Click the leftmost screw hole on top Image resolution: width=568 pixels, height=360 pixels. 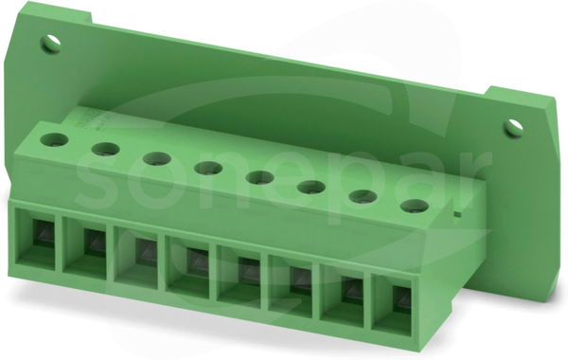pyautogui.click(x=54, y=139)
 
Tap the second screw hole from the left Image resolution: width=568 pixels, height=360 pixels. pyautogui.click(x=105, y=150)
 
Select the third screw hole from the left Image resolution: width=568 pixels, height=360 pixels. pyautogui.click(x=156, y=159)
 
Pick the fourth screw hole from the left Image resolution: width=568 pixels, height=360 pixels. pyautogui.click(x=208, y=169)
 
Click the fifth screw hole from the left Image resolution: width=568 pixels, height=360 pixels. pyautogui.click(x=259, y=178)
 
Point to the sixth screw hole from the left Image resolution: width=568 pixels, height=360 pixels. pyautogui.click(x=311, y=188)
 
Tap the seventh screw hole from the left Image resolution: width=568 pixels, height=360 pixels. pyautogui.click(x=363, y=197)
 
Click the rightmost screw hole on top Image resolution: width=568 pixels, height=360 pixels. pyautogui.click(x=415, y=207)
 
